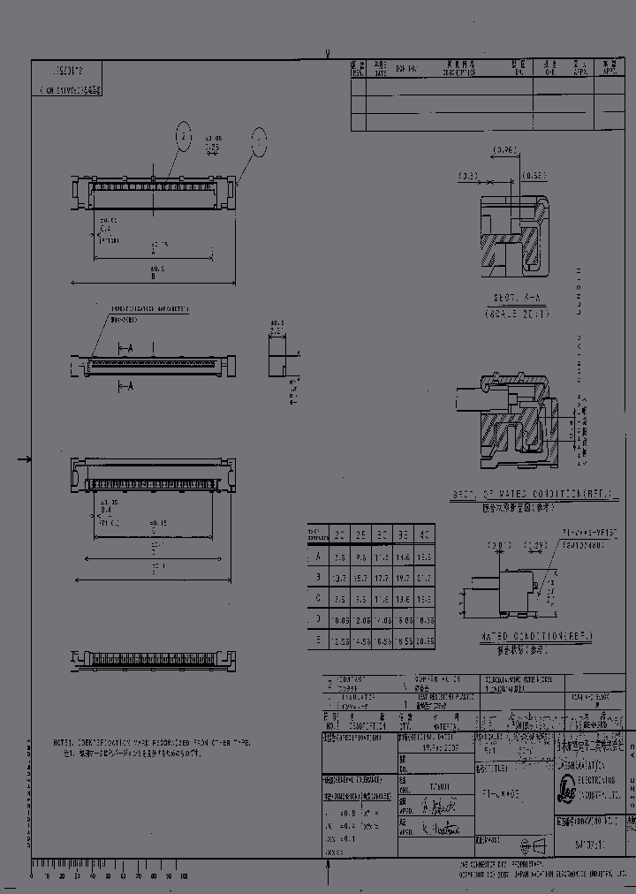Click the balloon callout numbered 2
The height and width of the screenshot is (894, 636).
tap(182, 138)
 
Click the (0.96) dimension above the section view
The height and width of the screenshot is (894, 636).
tap(504, 150)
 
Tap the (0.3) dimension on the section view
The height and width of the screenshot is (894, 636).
tap(468, 176)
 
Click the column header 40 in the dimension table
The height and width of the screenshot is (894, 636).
tap(424, 534)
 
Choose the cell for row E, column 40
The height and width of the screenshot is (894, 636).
tap(424, 640)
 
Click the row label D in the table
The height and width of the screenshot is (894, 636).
tap(317, 619)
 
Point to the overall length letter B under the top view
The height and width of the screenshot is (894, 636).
tap(153, 276)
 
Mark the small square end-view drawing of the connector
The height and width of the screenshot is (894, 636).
tap(278, 355)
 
